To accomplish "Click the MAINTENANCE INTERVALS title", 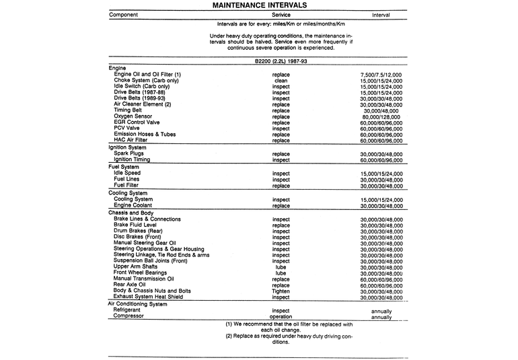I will coord(259,5).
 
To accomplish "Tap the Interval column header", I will coord(381,14).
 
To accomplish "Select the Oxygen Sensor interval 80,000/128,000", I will coord(381,117).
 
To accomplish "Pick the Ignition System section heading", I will coord(127,147).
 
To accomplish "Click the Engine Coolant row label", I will coord(136,205).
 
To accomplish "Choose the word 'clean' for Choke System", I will coord(281,80).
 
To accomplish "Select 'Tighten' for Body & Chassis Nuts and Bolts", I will coord(281,290).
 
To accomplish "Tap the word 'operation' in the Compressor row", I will coord(281,316).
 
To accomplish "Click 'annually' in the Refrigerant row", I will coord(381,311).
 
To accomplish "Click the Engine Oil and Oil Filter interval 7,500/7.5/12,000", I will coord(381,74).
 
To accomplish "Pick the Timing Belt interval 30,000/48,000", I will coord(381,110).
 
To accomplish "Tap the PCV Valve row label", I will coord(128,129).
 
